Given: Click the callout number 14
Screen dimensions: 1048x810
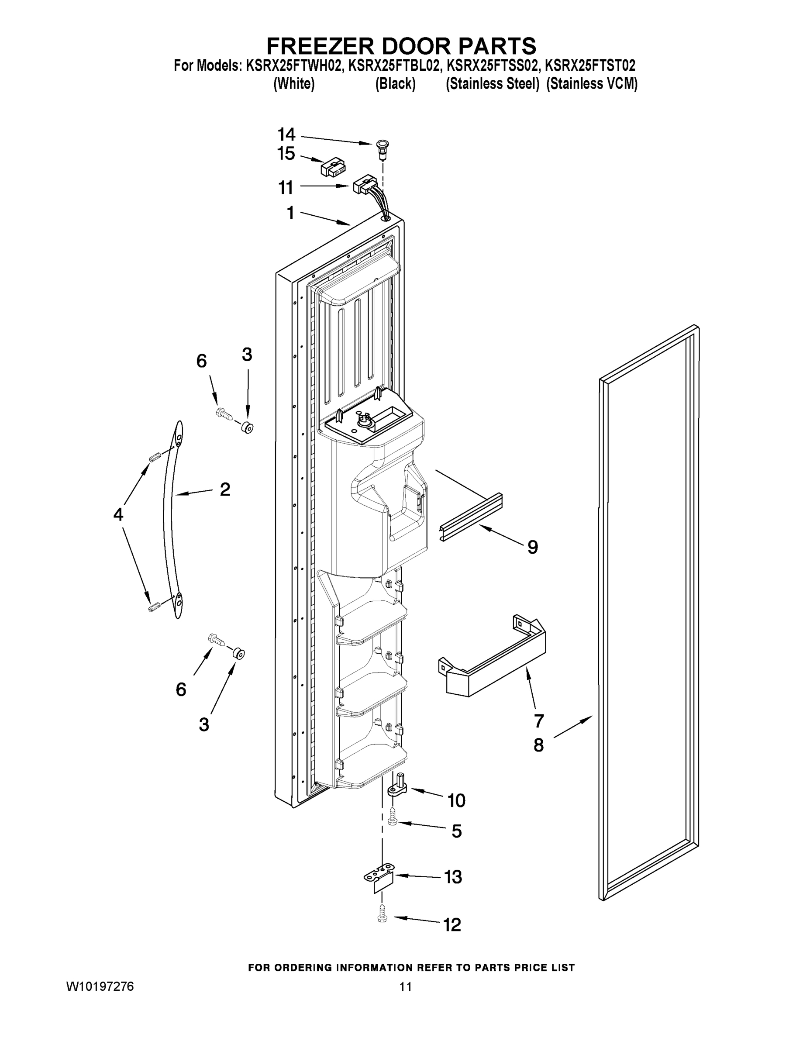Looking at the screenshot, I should pyautogui.click(x=286, y=134).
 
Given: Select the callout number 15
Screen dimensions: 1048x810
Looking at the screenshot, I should pyautogui.click(x=286, y=154).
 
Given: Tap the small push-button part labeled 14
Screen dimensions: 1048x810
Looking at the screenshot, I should pyautogui.click(x=382, y=147).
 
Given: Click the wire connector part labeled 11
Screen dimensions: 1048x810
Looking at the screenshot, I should pyautogui.click(x=364, y=184).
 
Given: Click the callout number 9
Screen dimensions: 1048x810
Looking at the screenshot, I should pyautogui.click(x=533, y=547).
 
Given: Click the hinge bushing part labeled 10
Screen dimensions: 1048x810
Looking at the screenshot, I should pyautogui.click(x=399, y=786).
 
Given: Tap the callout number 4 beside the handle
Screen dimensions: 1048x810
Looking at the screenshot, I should pyautogui.click(x=118, y=514).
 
